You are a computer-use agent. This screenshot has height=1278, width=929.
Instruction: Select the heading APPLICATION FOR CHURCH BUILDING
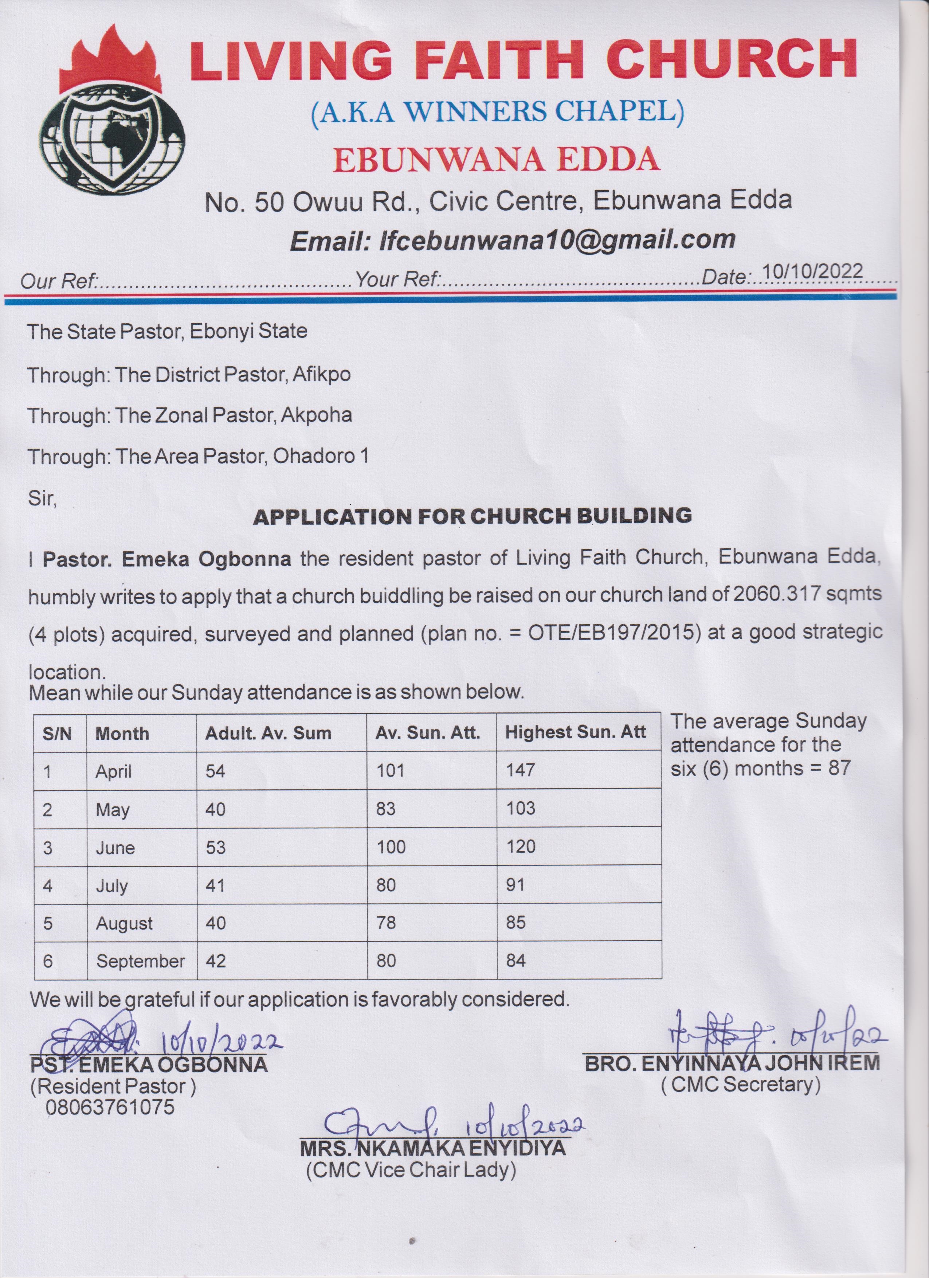click(472, 516)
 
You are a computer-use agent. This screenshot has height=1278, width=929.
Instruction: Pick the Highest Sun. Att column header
click(575, 732)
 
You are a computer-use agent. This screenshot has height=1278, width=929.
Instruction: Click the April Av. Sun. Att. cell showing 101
click(391, 770)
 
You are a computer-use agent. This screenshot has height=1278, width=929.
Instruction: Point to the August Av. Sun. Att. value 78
click(387, 923)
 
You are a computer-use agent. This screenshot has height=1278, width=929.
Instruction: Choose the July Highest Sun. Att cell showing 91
click(515, 885)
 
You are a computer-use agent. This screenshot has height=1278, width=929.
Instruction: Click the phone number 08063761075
click(110, 1107)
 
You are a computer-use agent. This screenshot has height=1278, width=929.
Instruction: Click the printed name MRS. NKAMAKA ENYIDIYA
click(433, 1148)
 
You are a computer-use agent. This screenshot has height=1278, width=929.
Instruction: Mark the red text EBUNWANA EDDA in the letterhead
click(496, 160)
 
